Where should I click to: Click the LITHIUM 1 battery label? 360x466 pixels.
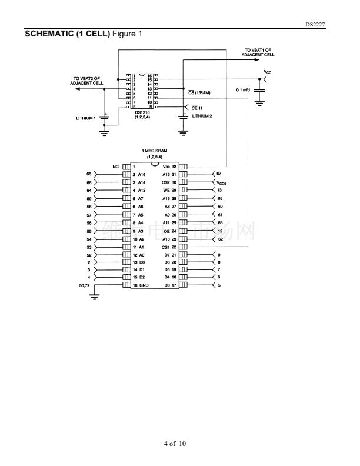(85, 118)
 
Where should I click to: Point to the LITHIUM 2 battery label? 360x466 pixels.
(202, 116)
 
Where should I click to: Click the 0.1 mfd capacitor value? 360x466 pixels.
(244, 89)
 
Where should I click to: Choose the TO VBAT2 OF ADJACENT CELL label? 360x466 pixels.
(86, 81)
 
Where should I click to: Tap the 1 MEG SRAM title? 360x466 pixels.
(155, 151)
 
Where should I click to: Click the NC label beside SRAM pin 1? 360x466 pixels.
(116, 167)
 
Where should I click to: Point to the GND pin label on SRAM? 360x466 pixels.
(144, 285)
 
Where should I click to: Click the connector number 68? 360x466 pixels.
(89, 174)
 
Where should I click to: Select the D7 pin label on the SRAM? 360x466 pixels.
(168, 254)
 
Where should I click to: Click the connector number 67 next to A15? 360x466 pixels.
(219, 174)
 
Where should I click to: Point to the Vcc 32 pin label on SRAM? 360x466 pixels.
(169, 167)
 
